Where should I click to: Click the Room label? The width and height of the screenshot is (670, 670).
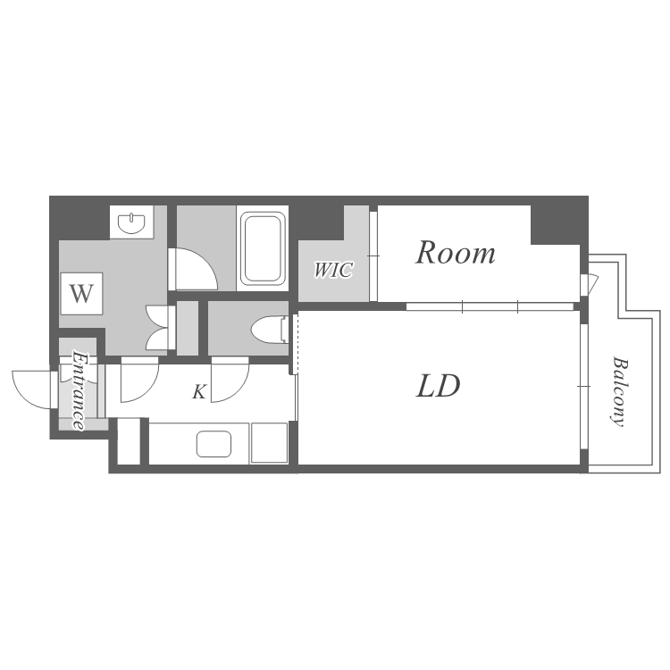point(456,253)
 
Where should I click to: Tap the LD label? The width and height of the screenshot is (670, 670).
point(438,386)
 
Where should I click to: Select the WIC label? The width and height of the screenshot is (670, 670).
point(333,270)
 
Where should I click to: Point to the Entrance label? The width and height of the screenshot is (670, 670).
point(80,389)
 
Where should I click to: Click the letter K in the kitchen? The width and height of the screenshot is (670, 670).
point(199,391)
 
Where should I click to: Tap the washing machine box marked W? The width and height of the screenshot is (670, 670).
point(81,294)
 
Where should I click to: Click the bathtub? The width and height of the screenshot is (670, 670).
point(263,248)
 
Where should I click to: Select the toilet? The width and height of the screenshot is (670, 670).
point(270,330)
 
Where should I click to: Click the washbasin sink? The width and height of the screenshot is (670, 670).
point(131,222)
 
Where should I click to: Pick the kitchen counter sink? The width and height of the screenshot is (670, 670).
point(214,443)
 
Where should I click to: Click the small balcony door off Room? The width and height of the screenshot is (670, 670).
point(589,284)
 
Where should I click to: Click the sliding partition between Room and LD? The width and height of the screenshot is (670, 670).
point(490,306)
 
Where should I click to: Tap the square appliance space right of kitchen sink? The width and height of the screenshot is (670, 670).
point(269,443)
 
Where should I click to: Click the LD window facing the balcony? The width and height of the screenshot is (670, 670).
point(583,387)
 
